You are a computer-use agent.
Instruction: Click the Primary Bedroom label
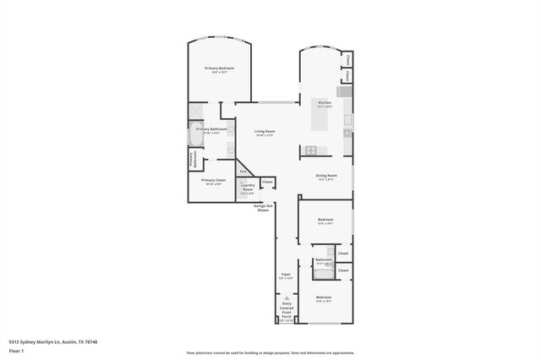[x=219, y=69]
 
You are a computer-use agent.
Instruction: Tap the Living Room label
[x=265, y=133]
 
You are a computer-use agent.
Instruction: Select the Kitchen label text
[x=325, y=104]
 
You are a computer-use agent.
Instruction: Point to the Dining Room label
[x=325, y=177]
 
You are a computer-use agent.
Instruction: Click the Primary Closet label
[x=213, y=182]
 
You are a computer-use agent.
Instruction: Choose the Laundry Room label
[x=248, y=188]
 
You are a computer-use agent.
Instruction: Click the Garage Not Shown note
[x=263, y=208]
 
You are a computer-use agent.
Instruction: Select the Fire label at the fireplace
[x=243, y=172]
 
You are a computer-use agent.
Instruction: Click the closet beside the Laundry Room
[x=267, y=182]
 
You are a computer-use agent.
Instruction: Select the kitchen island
[x=320, y=122]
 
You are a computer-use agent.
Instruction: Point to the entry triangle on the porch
[x=287, y=298]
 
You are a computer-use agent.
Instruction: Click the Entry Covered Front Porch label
[x=287, y=313]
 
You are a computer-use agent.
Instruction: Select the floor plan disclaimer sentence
[x=270, y=352]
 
